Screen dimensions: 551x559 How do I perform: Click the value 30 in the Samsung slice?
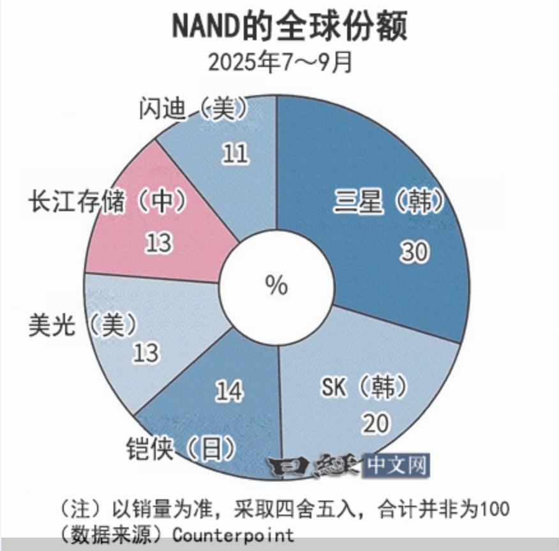(x=415, y=253)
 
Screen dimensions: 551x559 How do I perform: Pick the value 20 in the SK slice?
(x=375, y=423)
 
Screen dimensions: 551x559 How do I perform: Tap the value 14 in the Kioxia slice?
(x=228, y=390)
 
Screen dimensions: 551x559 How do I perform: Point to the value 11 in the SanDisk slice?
(x=235, y=153)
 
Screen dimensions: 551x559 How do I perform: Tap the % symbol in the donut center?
(x=276, y=285)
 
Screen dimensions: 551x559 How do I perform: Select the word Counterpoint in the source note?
(x=234, y=534)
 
